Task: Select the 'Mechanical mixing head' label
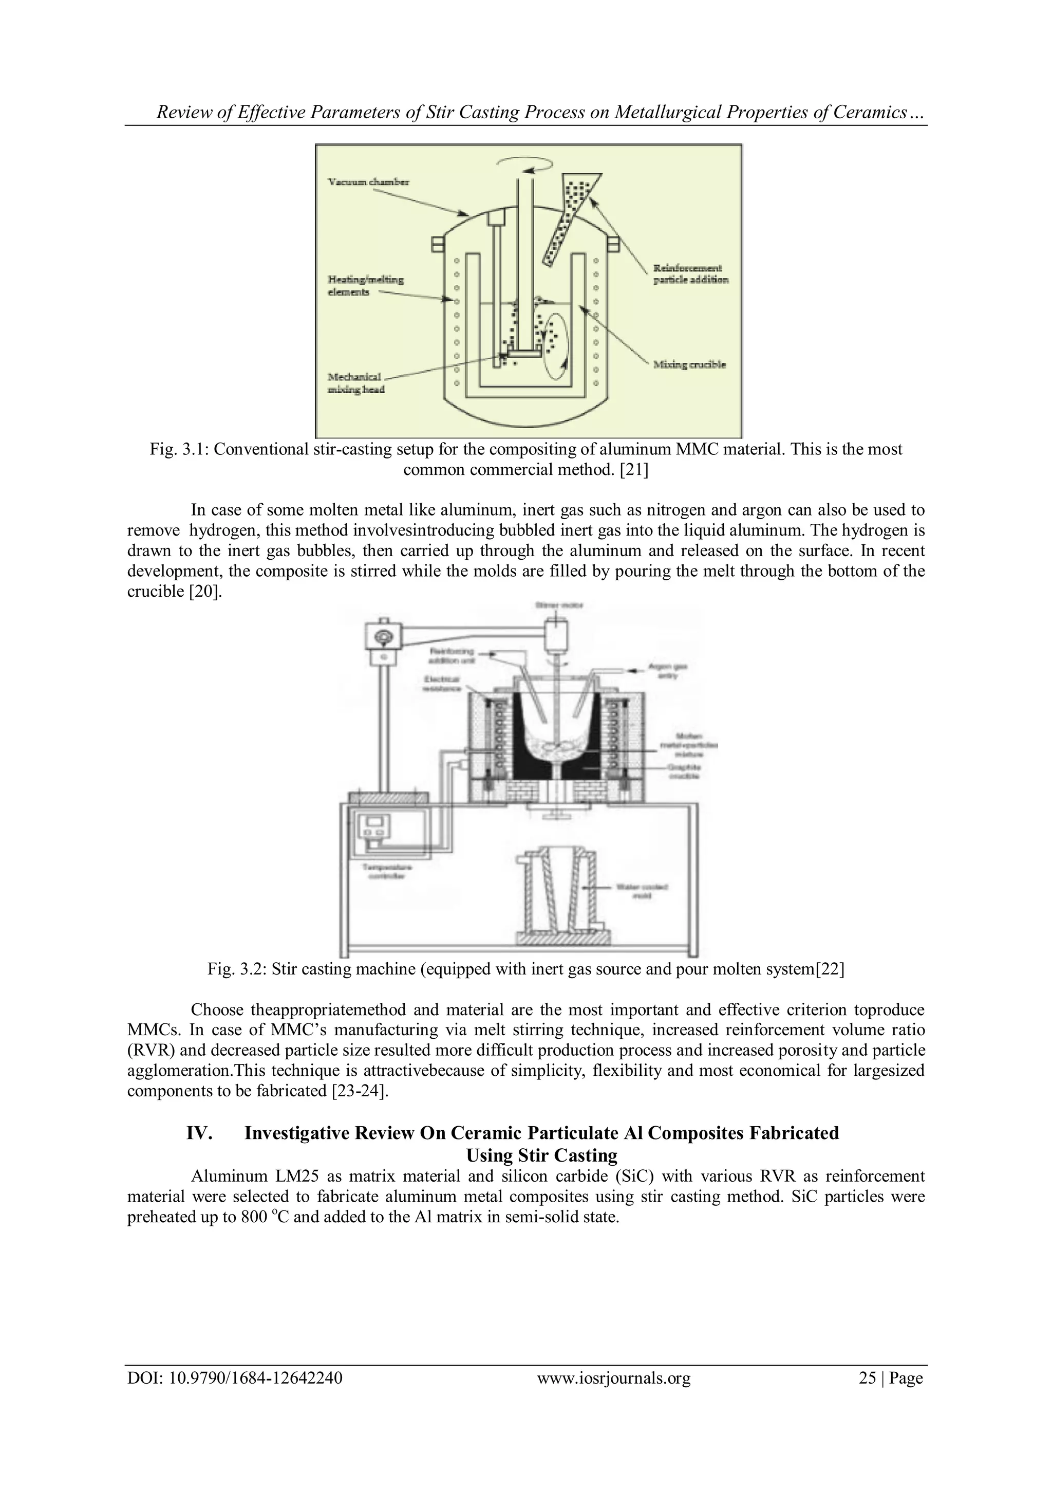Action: pyautogui.click(x=356, y=382)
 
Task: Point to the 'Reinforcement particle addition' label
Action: pyautogui.click(x=690, y=273)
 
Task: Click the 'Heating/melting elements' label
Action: pyautogui.click(x=365, y=286)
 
